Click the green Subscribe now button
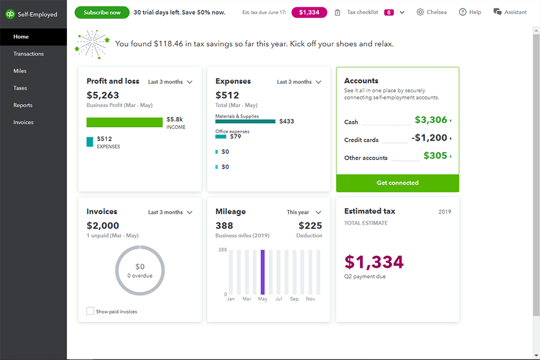click(x=102, y=12)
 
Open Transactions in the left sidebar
click(x=29, y=54)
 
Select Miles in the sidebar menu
click(x=20, y=71)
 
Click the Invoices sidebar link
click(x=24, y=122)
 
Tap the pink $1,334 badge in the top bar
click(x=309, y=12)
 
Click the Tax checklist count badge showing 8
click(x=389, y=12)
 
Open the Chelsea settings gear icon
click(x=420, y=12)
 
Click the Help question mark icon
click(x=462, y=12)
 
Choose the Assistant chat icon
click(x=497, y=12)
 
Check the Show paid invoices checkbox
click(x=90, y=311)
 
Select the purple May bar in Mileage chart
click(x=262, y=272)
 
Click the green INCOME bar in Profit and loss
click(x=124, y=122)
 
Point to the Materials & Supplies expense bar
click(x=245, y=121)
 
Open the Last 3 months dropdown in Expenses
click(x=299, y=82)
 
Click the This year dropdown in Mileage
click(x=304, y=213)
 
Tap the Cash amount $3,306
click(x=431, y=120)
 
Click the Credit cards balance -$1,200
click(x=429, y=138)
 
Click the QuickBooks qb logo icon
click(x=10, y=14)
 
